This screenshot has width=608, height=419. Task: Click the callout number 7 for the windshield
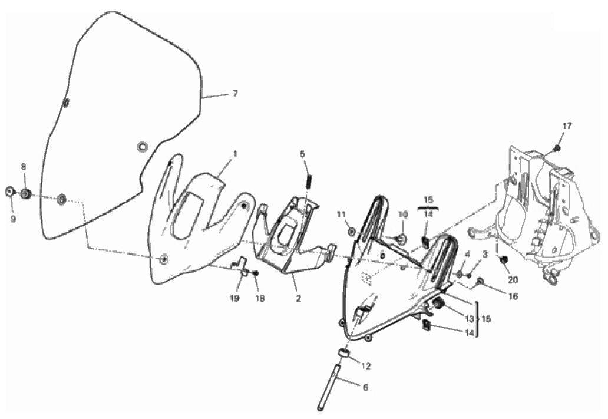(235, 94)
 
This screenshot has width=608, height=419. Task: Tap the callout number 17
(567, 126)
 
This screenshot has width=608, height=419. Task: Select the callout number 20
(513, 279)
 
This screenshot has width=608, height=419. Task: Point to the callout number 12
(366, 366)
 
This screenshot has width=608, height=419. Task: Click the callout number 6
(365, 387)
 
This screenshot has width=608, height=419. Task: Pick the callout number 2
(298, 299)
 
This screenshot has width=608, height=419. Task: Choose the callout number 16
(513, 296)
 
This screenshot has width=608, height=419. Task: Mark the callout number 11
(341, 214)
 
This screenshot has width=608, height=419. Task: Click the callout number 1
(235, 154)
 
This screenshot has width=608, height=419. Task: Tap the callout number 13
(469, 319)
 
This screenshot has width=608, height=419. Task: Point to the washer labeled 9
(9, 192)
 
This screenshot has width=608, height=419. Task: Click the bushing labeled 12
(344, 352)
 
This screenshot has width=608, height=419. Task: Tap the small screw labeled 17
(557, 148)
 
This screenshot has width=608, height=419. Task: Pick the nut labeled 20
(504, 259)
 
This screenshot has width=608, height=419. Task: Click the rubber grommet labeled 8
(25, 194)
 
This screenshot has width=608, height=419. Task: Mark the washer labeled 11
(352, 232)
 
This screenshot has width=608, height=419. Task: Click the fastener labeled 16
(480, 281)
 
